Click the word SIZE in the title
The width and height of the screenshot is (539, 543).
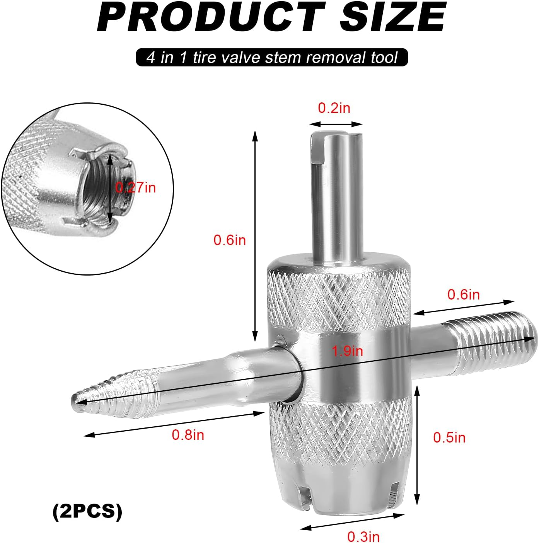point(392,17)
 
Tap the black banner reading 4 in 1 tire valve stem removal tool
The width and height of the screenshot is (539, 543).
point(272,58)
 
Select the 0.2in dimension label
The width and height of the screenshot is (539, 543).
point(334,108)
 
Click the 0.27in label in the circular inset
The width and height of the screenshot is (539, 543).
point(136,188)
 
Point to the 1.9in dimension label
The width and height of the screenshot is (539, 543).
point(348,351)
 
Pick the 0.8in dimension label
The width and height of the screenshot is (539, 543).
point(188,435)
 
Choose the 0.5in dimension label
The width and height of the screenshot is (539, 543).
point(449,437)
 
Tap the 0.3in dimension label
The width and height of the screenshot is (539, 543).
point(363,536)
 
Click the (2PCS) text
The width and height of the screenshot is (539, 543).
point(87,511)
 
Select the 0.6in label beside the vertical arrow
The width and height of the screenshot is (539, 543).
point(230,240)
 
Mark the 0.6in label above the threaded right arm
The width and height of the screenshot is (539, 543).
point(464,294)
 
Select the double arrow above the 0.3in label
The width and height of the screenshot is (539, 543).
point(352,521)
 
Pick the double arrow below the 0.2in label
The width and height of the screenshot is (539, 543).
point(336,124)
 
